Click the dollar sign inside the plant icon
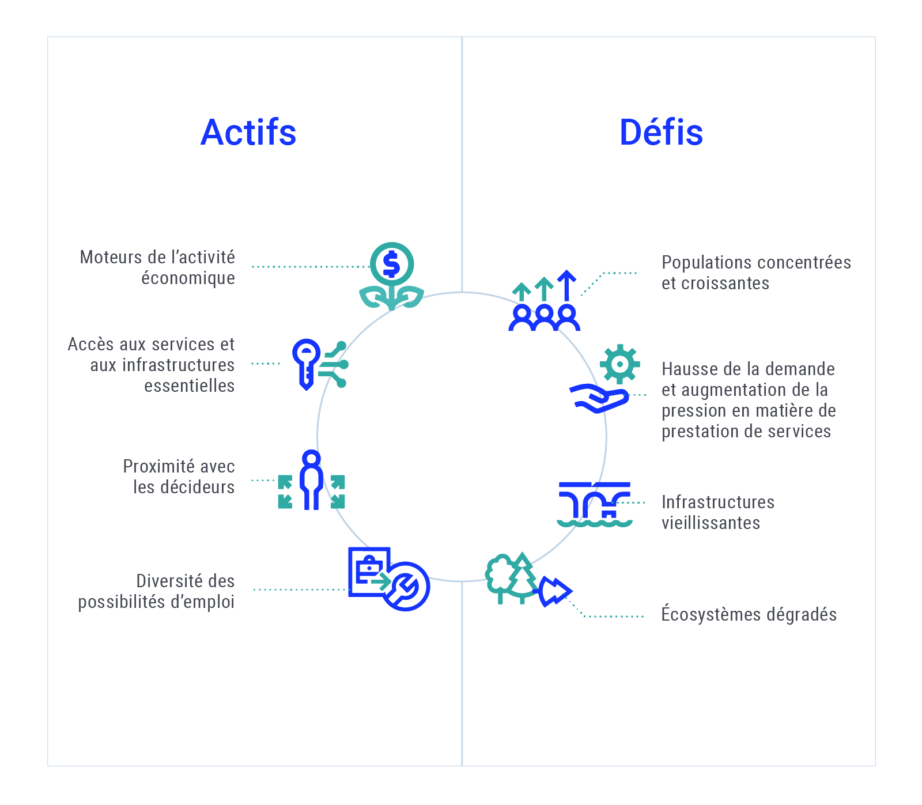pos(391,264)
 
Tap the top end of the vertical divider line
pos(462,37)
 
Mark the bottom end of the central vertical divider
pos(462,765)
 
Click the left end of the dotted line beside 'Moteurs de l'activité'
pos(253,267)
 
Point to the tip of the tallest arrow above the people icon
pos(567,271)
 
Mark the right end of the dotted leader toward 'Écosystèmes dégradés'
pos(643,617)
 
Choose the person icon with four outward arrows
pos(311,480)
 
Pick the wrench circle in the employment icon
pos(406,587)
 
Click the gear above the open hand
pos(619,364)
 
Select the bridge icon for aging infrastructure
pos(595,504)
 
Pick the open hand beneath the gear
pos(599,398)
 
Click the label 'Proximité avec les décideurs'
pos(179,477)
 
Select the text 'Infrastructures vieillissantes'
pos(718,512)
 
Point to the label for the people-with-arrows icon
pos(756,273)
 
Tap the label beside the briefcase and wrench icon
pos(156,591)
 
